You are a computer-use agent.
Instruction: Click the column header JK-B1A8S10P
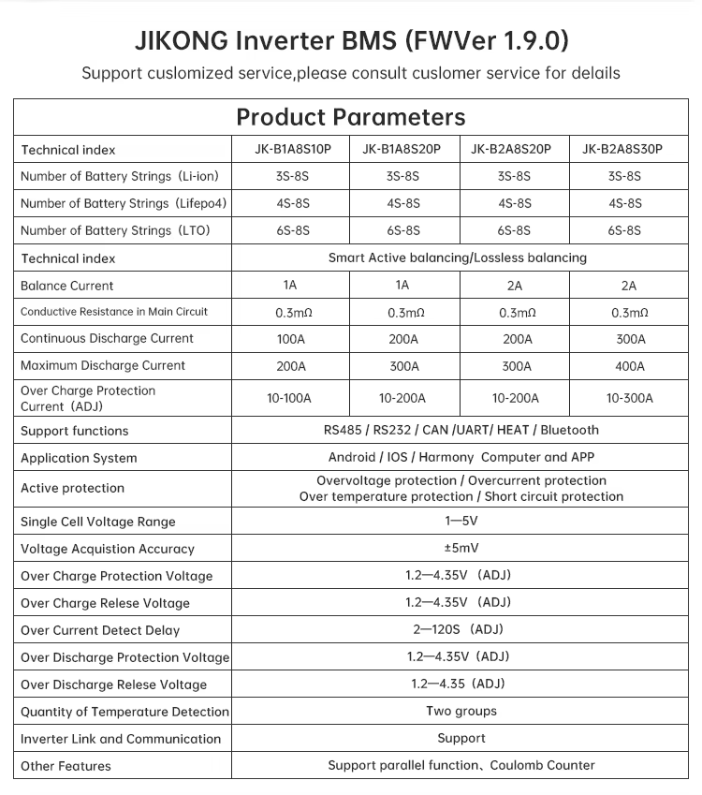coord(289,149)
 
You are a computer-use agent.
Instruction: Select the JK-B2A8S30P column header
coord(628,149)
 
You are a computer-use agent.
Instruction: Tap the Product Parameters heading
coord(350,117)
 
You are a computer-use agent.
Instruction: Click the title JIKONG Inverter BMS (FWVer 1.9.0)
coord(350,41)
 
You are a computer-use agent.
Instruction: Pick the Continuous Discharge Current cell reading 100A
coord(289,339)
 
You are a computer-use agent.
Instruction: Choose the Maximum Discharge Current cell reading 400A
coord(628,366)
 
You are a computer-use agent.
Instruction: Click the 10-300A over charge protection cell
coord(628,398)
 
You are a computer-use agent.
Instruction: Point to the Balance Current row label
coord(67,286)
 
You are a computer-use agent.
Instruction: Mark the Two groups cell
coord(461,711)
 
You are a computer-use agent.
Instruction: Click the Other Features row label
coord(66,766)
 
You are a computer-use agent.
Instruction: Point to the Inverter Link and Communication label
coord(121,739)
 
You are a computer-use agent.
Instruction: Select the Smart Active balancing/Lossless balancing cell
coord(458,258)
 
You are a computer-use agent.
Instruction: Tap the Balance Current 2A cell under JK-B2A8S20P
coord(515,286)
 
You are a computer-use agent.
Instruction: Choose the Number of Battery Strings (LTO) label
coord(115,230)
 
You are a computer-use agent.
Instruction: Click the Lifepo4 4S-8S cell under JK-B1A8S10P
coord(289,203)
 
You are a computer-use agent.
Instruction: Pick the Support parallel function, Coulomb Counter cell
coord(461,765)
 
